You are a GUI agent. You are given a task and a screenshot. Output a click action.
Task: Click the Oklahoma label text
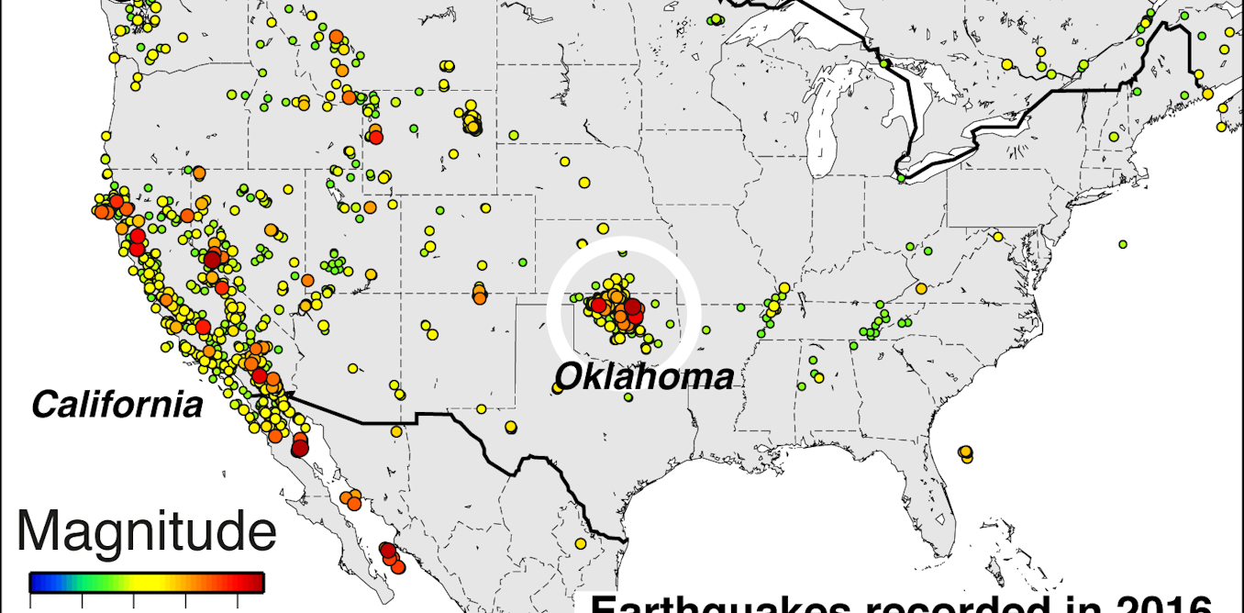click(x=644, y=376)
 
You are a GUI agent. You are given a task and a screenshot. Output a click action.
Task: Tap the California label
click(x=117, y=405)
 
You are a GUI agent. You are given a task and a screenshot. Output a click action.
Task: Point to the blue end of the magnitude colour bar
click(x=38, y=582)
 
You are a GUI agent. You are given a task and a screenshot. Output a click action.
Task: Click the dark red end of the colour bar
click(x=256, y=582)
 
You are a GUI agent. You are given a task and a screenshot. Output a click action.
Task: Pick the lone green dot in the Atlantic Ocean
click(x=1122, y=244)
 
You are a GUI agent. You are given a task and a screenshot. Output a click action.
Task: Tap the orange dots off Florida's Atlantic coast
click(x=965, y=451)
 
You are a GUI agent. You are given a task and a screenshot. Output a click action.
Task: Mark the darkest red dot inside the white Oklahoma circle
click(x=632, y=307)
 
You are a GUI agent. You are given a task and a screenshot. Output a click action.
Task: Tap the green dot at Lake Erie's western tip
click(x=902, y=178)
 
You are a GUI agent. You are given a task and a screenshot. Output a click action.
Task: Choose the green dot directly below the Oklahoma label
click(x=628, y=397)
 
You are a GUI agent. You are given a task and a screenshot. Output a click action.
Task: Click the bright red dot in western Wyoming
click(x=375, y=137)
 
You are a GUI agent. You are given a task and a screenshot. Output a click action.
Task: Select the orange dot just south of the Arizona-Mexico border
click(x=395, y=431)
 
